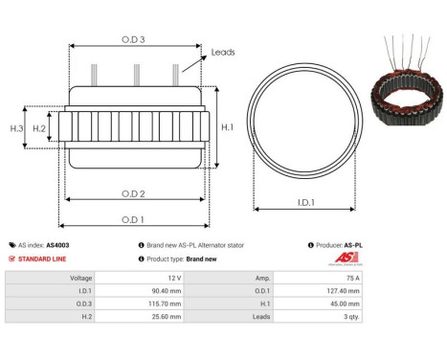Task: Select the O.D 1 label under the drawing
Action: [x=133, y=218]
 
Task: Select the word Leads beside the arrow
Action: [x=223, y=53]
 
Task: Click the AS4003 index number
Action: [x=57, y=245]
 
